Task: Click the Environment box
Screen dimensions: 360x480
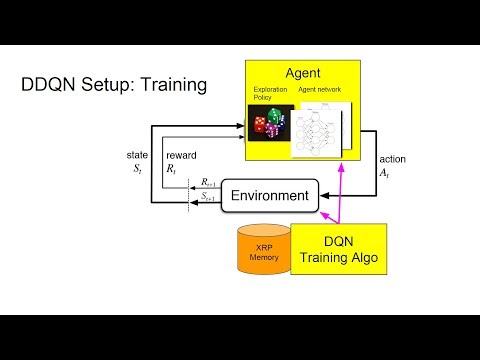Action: click(x=268, y=195)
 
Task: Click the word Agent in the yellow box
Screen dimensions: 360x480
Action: click(x=303, y=72)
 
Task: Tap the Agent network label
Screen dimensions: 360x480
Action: click(x=320, y=90)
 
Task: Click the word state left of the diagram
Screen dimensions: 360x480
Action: click(x=138, y=156)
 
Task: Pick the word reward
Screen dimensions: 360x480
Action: click(x=180, y=156)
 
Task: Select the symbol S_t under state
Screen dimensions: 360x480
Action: click(x=137, y=170)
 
